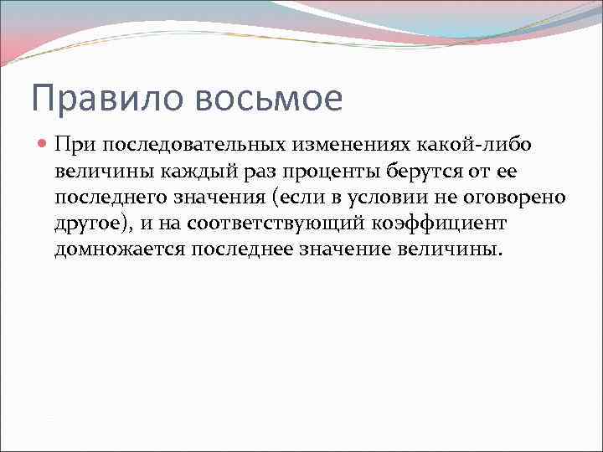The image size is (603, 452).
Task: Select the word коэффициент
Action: (x=441, y=224)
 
